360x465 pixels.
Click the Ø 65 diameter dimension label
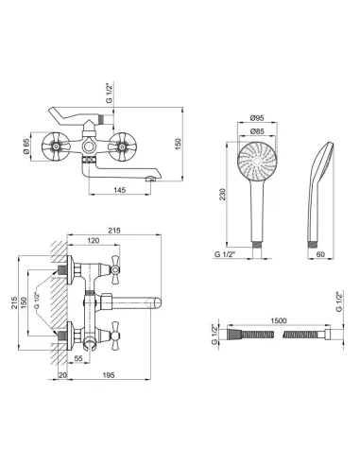coord(26,146)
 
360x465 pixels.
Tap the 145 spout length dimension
coord(120,190)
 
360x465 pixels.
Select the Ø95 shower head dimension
coord(257,118)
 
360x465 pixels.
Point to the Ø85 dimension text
coord(257,131)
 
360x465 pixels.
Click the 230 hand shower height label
coord(223,194)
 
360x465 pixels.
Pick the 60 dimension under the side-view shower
coord(320,254)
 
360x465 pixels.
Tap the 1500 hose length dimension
coord(279,320)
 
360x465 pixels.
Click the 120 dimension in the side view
coord(94,241)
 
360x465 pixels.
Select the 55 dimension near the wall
coord(78,358)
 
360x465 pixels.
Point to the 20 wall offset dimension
coord(62,375)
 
